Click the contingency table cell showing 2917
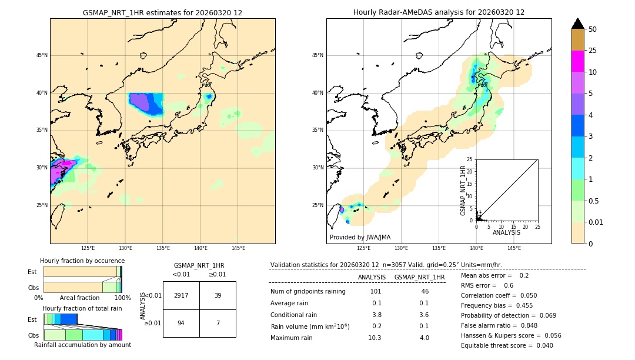point(181,295)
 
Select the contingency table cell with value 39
point(218,295)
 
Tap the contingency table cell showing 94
point(181,323)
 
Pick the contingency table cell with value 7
point(218,323)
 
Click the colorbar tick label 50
point(593,29)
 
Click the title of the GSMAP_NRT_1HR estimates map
point(162,12)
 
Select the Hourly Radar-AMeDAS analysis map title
point(439,12)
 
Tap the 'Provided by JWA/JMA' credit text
point(360,238)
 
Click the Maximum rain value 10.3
point(375,338)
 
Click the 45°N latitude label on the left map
point(42,55)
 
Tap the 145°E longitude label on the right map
point(514,248)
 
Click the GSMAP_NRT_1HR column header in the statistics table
point(419,277)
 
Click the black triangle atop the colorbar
point(578,24)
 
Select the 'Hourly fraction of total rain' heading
point(82,308)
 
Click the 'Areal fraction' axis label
point(79,298)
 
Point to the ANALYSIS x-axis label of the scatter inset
point(506,232)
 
